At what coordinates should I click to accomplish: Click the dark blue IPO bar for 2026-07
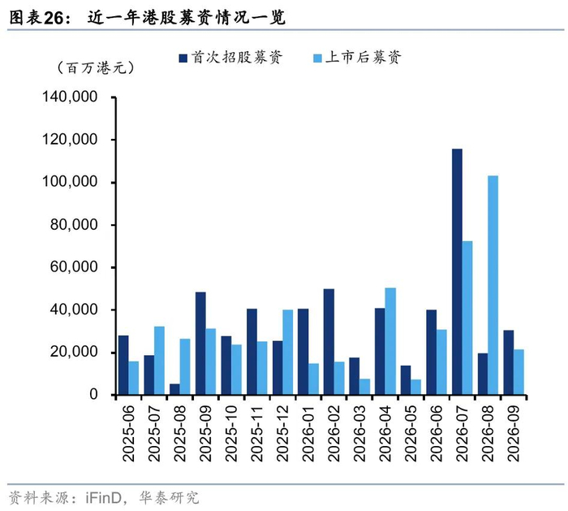coord(457,271)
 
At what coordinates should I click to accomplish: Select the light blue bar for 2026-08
coord(493,285)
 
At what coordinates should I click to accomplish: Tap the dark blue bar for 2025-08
coord(174,389)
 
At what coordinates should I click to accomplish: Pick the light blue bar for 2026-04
coord(390,341)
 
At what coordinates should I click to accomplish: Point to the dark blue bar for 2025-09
coord(200,344)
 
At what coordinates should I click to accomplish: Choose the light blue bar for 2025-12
coord(288,352)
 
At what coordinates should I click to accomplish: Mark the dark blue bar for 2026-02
coord(329,342)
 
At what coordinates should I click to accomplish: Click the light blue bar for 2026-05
coord(416,387)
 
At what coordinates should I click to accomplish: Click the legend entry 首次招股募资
coord(230,58)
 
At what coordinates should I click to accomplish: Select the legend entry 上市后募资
coord(357,58)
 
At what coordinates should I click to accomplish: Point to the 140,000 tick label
coord(70,97)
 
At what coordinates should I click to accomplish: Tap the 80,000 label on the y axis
coord(74,225)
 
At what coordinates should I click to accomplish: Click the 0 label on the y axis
coord(94,394)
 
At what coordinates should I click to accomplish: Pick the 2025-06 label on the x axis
coord(128,433)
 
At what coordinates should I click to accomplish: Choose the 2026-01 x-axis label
coord(308,433)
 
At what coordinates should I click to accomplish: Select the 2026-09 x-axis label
coord(514,433)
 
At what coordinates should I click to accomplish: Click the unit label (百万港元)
coord(96,67)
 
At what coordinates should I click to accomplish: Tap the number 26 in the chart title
coord(54,18)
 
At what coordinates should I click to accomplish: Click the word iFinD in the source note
coord(103,497)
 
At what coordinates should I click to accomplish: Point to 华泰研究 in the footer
coord(169,497)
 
